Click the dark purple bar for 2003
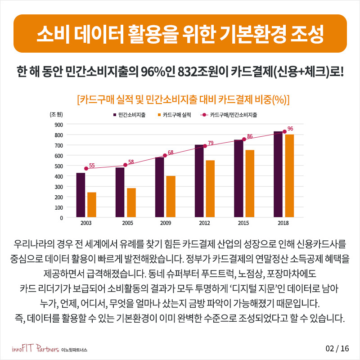coord(81,195)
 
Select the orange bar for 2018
coord(289,176)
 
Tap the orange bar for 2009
coord(171,197)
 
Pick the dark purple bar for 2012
coord(199,181)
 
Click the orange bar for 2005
coord(131,202)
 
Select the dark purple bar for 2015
coord(238,179)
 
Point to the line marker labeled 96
coord(284,131)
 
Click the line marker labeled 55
coord(86,168)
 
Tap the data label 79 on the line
coord(211,143)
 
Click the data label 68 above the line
coord(171,153)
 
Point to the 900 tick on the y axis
coord(58,124)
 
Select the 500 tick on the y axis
coord(58,166)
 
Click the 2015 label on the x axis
coord(244,223)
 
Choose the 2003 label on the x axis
coord(86,223)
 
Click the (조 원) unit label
coord(56,115)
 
